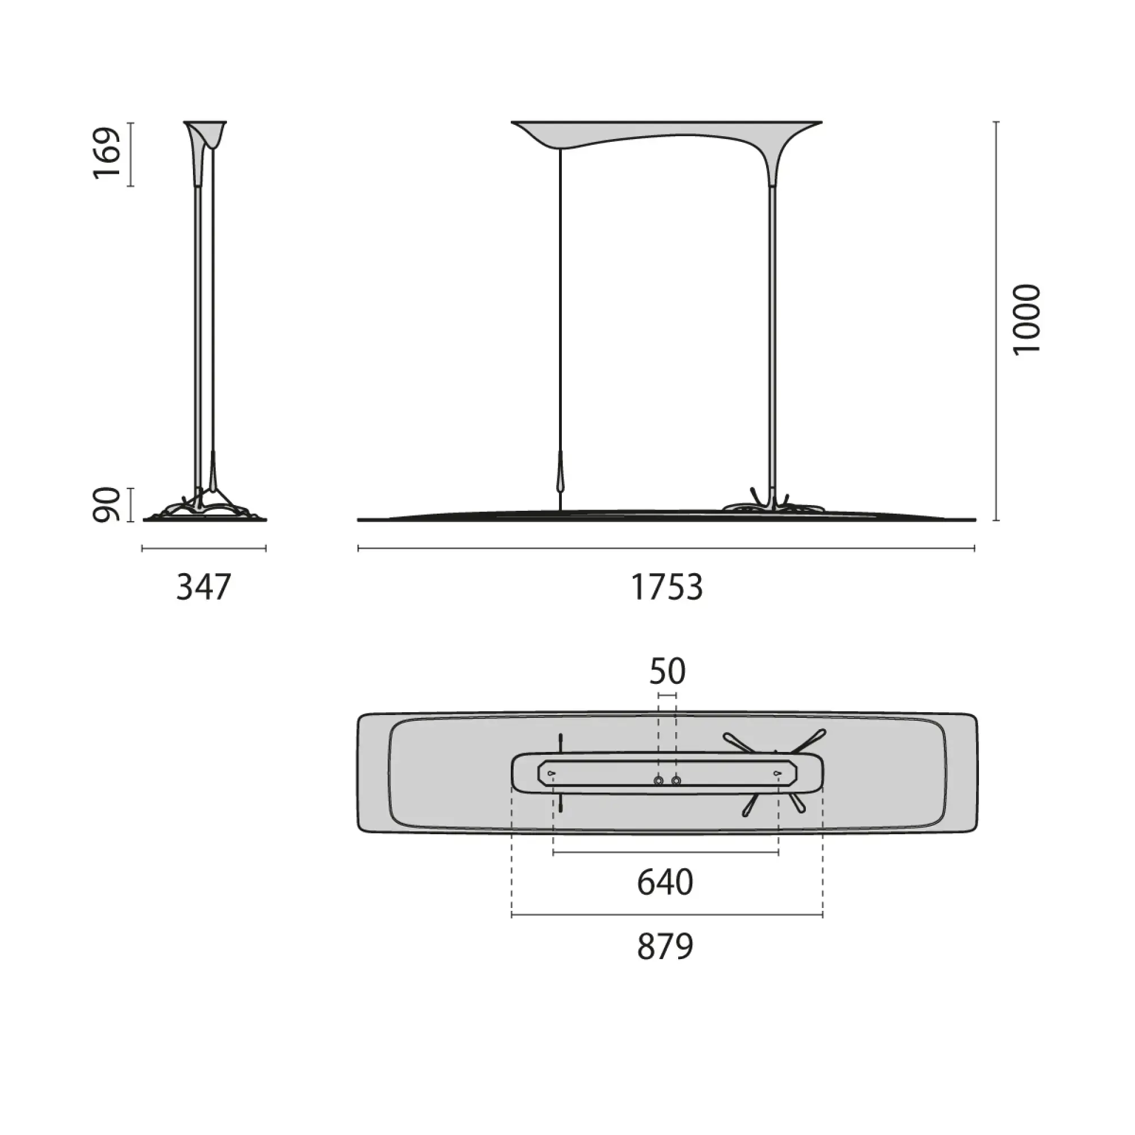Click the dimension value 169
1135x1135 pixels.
coord(107,153)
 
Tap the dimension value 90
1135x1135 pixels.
coord(107,505)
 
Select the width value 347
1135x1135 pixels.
coord(204,587)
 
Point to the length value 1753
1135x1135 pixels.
coord(666,587)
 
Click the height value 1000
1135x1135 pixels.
coord(1026,319)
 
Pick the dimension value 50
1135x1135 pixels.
coord(667,671)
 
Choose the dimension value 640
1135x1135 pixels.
coord(665,882)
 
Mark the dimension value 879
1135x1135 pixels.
coord(665,947)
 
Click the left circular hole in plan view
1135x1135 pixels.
coord(658,781)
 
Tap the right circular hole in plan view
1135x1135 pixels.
coord(676,781)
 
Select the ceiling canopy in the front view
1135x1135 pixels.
coord(666,132)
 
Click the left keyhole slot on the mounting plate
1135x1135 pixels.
coord(551,773)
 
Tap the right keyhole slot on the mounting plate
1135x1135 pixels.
coord(777,773)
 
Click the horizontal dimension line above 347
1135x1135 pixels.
coord(204,549)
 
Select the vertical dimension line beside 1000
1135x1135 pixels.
coord(996,321)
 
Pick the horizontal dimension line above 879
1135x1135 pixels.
coord(667,915)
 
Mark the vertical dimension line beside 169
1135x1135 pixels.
coord(131,154)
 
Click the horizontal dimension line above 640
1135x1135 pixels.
coord(666,852)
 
